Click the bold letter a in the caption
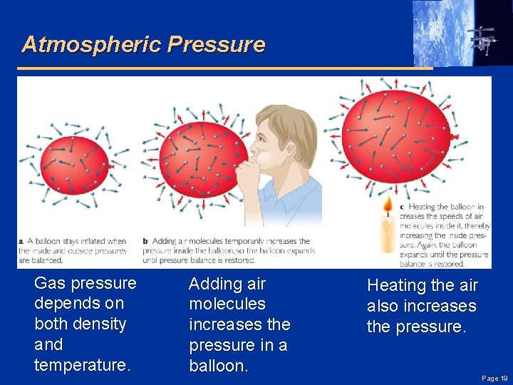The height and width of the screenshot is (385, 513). click(x=21, y=241)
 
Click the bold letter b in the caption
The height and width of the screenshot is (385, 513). click(x=145, y=241)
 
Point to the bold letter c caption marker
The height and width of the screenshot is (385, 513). click(x=402, y=207)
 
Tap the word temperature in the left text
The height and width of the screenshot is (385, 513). click(x=81, y=365)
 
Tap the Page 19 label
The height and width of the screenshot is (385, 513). click(x=494, y=379)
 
